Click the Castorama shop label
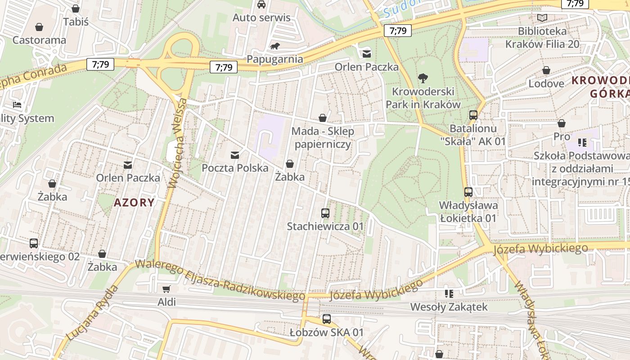click(x=39, y=40)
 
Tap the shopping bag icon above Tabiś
click(x=76, y=9)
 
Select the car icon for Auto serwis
click(x=261, y=4)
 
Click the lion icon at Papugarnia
click(x=275, y=46)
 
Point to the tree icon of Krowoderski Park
click(x=423, y=78)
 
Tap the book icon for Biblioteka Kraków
click(x=542, y=18)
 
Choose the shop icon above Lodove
click(x=546, y=70)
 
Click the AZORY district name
click(x=134, y=202)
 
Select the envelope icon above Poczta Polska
click(x=235, y=155)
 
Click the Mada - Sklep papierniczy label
click(x=323, y=138)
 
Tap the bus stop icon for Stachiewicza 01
click(x=325, y=213)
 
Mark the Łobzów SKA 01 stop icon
click(x=327, y=319)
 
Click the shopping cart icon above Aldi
click(x=166, y=289)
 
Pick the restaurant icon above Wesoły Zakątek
click(x=449, y=294)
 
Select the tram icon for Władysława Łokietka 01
click(x=468, y=192)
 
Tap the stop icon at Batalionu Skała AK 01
click(x=473, y=115)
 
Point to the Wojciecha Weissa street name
click(x=177, y=143)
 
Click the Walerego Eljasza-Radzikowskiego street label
click(x=220, y=280)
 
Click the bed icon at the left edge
click(x=17, y=105)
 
